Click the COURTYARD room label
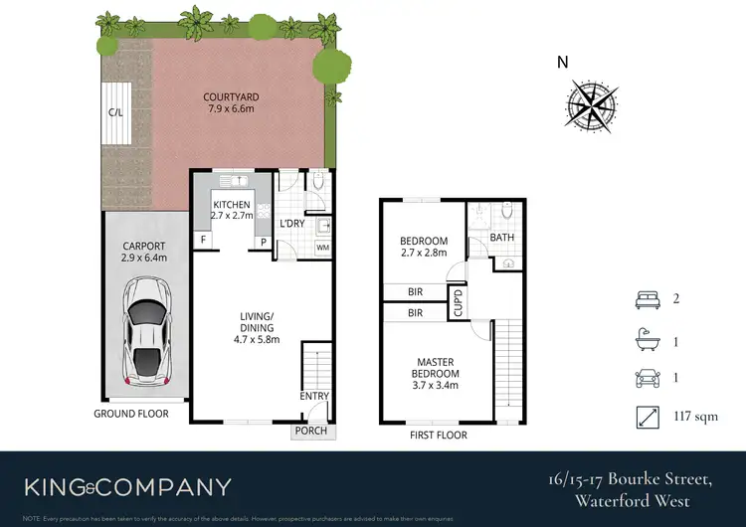(x=231, y=97)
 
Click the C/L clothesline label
(x=115, y=112)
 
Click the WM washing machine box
(x=322, y=246)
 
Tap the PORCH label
(x=311, y=432)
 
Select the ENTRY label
(x=314, y=397)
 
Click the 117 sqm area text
(x=696, y=418)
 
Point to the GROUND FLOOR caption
(x=131, y=414)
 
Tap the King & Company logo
(x=127, y=487)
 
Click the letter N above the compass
(x=563, y=63)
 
